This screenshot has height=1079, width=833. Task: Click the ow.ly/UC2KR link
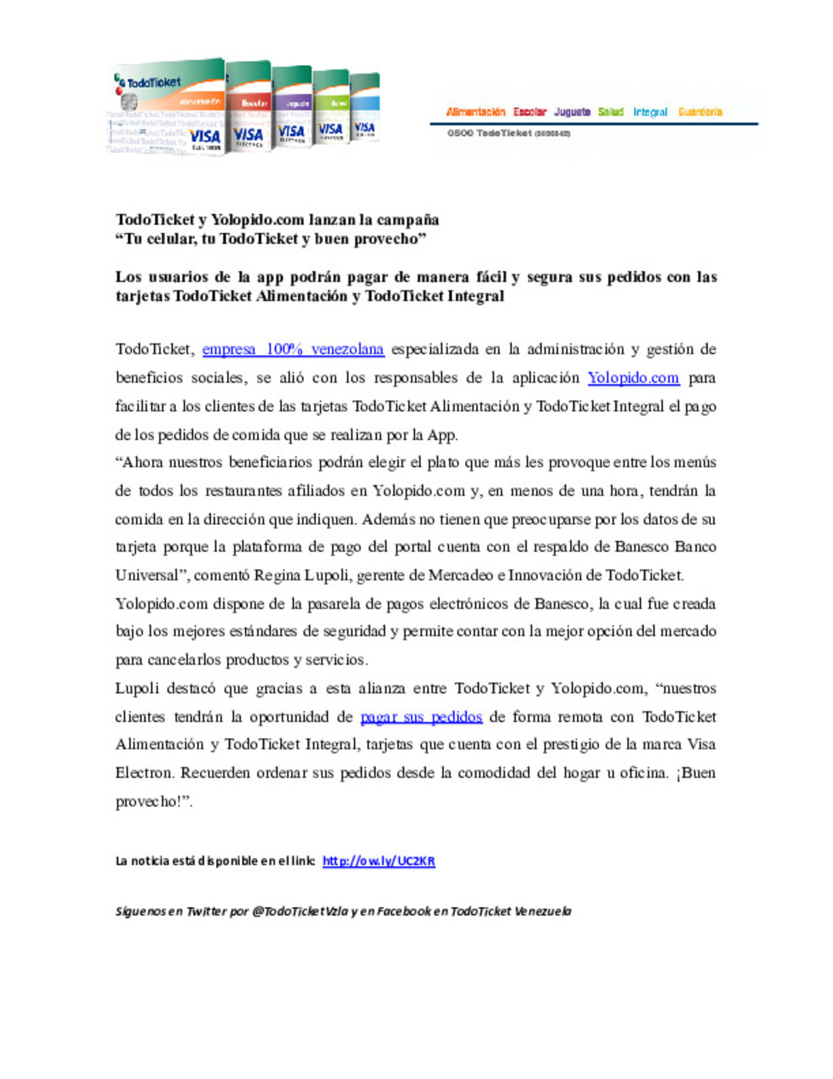[379, 861]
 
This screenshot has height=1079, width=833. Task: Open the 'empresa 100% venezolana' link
[293, 350]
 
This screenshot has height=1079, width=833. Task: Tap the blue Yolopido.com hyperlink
[633, 378]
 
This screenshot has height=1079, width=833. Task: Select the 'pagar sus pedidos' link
[421, 717]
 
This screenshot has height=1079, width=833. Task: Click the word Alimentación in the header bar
[475, 112]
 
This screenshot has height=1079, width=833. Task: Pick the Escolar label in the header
[530, 112]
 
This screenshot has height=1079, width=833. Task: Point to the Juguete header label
[572, 112]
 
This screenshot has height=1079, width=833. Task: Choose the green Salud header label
[611, 112]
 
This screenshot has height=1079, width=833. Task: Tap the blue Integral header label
[650, 112]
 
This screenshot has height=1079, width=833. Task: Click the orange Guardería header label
[700, 112]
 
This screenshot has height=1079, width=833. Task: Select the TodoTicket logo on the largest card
[150, 83]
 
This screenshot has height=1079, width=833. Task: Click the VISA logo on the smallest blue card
[365, 128]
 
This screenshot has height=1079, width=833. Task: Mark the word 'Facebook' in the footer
[404, 912]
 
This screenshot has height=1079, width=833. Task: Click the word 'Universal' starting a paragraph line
[147, 576]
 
